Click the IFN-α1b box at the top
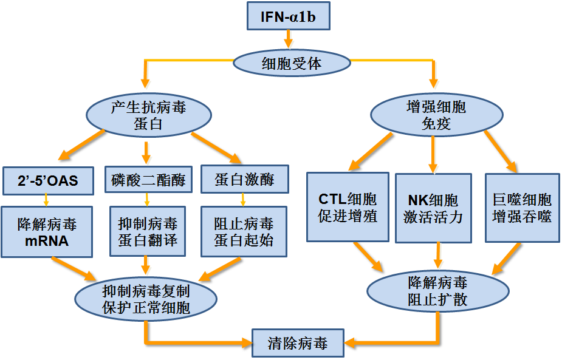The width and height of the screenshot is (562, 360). click(x=289, y=16)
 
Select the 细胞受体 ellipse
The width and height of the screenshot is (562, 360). click(x=292, y=63)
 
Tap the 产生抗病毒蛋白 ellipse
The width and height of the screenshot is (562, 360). click(x=149, y=115)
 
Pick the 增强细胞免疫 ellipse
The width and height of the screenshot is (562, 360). click(x=437, y=115)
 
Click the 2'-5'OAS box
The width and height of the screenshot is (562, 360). click(x=48, y=181)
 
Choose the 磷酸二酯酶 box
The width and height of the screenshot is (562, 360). click(x=148, y=180)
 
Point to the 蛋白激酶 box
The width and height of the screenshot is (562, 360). click(x=245, y=179)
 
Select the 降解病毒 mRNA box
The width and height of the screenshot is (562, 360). click(x=47, y=232)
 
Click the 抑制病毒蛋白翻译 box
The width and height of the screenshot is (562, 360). click(x=148, y=231)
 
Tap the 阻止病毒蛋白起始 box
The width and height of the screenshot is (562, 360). click(x=244, y=232)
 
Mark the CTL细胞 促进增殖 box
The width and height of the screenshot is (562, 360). click(x=348, y=207)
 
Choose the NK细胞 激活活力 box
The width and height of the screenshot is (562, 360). click(x=433, y=208)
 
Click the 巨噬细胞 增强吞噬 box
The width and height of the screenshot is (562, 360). click(x=523, y=208)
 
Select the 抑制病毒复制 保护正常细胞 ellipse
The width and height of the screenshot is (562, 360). click(x=146, y=299)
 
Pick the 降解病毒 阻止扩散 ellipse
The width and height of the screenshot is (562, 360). click(x=438, y=291)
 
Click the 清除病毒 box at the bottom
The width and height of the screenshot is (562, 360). click(x=298, y=343)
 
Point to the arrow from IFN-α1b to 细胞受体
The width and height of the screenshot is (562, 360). click(x=288, y=39)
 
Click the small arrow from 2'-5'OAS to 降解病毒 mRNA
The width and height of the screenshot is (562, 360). click(x=46, y=200)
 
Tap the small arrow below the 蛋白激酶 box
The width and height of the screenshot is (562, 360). click(x=243, y=200)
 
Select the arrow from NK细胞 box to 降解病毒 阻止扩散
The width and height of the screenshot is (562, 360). click(x=437, y=256)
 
